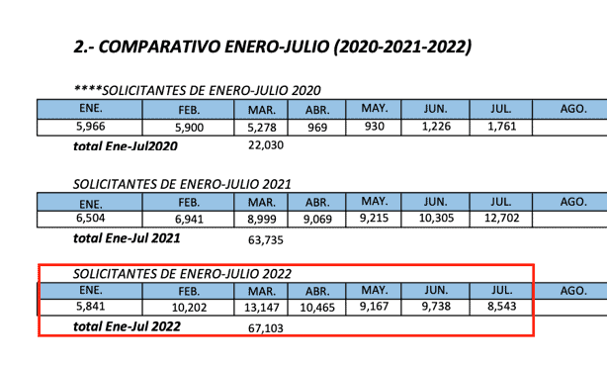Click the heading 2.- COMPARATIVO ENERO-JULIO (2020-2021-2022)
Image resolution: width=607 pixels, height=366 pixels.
pos(273,46)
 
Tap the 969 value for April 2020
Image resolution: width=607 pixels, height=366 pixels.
pos(317,127)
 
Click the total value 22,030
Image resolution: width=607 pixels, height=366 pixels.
pos(263,145)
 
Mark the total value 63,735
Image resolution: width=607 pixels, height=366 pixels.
pos(263,238)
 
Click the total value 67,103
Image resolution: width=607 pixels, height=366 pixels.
pos(263,327)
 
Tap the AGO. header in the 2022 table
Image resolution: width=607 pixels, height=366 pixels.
pos(573,291)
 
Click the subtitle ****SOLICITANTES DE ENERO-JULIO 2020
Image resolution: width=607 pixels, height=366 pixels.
pos(199,89)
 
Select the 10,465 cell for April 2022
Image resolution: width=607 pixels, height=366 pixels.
pos(318,308)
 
